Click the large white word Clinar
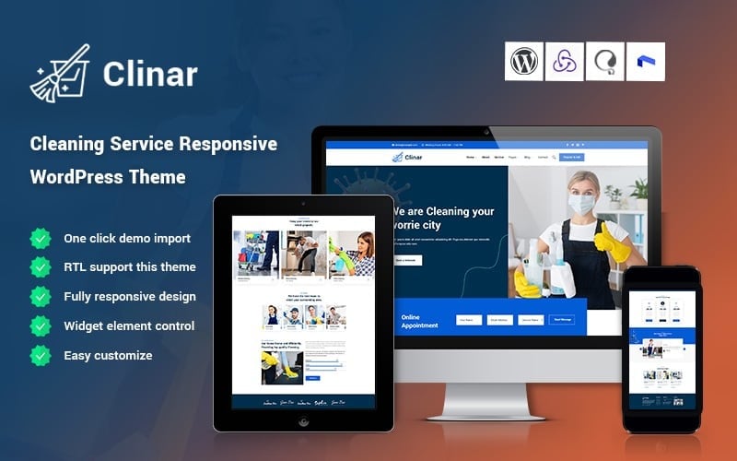point(149,75)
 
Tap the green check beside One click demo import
point(41,239)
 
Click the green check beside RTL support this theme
point(41,267)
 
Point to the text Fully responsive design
point(129,297)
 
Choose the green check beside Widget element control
point(41,325)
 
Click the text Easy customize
point(108,355)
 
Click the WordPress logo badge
point(524,62)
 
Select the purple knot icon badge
point(565,62)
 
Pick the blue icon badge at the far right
point(645,62)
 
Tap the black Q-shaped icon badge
point(604,62)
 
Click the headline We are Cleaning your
point(445,211)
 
